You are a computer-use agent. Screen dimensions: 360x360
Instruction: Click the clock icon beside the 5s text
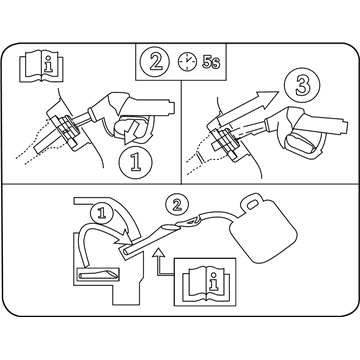187,62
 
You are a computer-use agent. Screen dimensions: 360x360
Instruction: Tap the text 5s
211,62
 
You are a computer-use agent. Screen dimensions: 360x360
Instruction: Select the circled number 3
302,85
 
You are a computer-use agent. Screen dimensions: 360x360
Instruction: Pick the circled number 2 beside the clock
155,61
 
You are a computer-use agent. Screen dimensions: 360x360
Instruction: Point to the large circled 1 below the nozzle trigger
135,163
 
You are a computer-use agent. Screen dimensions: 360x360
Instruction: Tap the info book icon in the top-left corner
41,66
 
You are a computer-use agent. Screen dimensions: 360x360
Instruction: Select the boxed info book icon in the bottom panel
205,282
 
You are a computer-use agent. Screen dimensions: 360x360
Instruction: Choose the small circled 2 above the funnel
177,204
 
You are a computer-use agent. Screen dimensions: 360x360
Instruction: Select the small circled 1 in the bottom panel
102,213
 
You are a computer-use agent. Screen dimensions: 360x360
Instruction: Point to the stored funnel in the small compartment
98,274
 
